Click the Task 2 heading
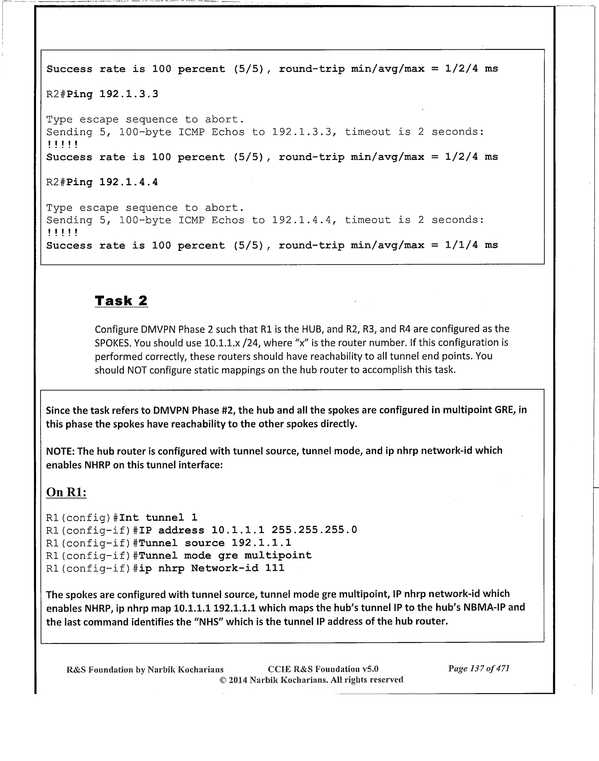pos(121,301)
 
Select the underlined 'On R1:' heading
pos(66,492)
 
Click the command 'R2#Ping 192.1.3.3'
pos(102,94)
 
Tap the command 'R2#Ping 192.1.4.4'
pos(102,183)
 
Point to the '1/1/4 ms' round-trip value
pos(471,245)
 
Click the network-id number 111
pos(275,568)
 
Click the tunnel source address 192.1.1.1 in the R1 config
pos(261,543)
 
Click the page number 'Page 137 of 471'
pos(479,669)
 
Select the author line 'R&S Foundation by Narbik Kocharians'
pos(145,669)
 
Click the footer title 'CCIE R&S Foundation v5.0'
pos(323,669)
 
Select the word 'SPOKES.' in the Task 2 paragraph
pos(113,343)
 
